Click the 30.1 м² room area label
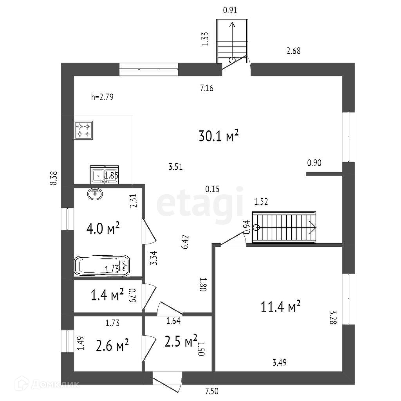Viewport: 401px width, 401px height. [x=219, y=136]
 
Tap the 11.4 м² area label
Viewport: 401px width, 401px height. [x=280, y=307]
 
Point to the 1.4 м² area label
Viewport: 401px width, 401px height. [x=107, y=295]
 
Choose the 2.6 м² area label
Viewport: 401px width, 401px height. [x=112, y=345]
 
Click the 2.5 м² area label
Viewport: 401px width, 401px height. [x=181, y=342]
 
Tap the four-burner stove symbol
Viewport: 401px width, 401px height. [x=83, y=130]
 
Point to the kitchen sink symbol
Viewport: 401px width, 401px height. [x=104, y=175]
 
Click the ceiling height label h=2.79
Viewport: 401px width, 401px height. [x=102, y=98]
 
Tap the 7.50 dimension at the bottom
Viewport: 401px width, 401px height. [x=212, y=390]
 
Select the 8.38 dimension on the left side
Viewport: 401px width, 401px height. [x=54, y=179]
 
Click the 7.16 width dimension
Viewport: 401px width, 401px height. [x=206, y=89]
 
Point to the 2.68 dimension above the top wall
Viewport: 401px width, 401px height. [x=293, y=51]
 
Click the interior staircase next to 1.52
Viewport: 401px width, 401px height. [x=284, y=227]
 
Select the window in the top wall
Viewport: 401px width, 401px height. [x=148, y=69]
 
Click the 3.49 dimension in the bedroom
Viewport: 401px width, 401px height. [x=280, y=362]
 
